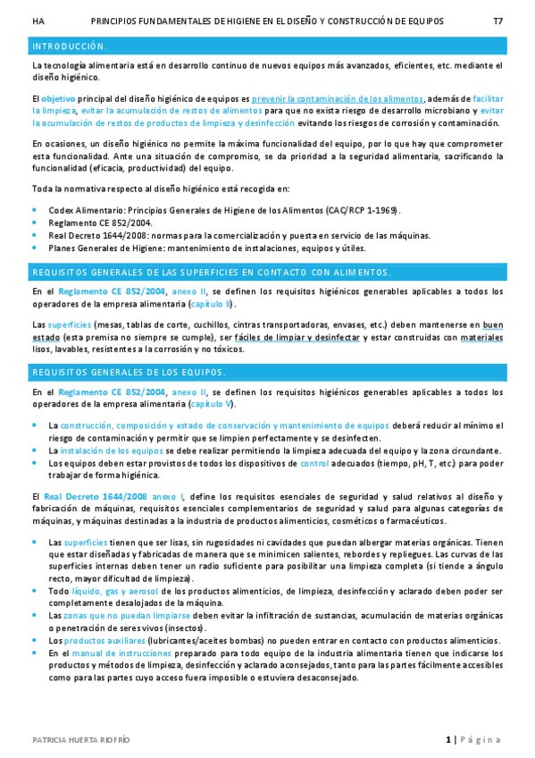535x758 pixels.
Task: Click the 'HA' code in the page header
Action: pyautogui.click(x=37, y=20)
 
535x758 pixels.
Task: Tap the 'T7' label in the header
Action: pyautogui.click(x=497, y=20)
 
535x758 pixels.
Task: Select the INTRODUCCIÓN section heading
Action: pyautogui.click(x=70, y=46)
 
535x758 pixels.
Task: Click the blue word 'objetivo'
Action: pyautogui.click(x=58, y=98)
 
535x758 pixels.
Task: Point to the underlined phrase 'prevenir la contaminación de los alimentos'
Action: pyautogui.click(x=338, y=98)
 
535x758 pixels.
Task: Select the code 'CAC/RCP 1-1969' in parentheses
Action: pyautogui.click(x=361, y=210)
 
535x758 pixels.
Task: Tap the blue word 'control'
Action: pyautogui.click(x=314, y=463)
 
